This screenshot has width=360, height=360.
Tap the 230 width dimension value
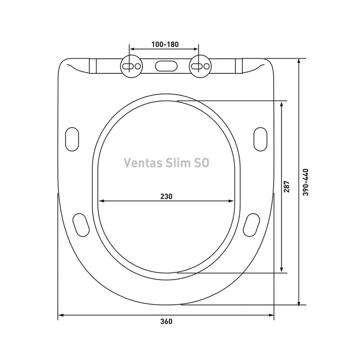[x=166, y=196]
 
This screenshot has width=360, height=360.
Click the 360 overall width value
[x=166, y=322]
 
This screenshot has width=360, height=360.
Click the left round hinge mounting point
[x=130, y=66]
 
